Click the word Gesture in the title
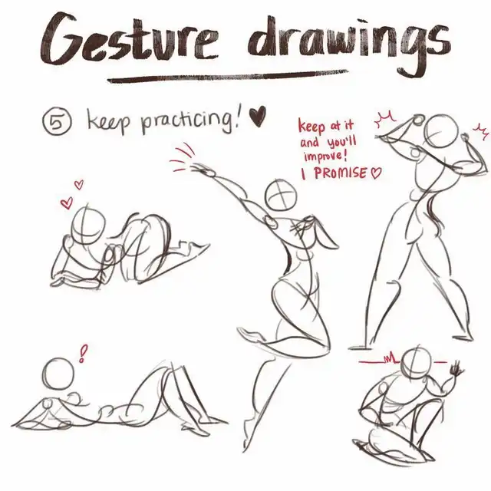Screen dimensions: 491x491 [128, 40]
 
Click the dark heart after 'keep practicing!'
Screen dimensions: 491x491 [258, 116]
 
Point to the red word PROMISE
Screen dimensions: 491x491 [340, 173]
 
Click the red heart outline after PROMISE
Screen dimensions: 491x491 [376, 173]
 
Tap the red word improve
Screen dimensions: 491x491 [323, 157]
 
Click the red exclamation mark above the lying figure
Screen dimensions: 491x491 [83, 354]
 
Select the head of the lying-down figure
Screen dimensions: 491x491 [59, 374]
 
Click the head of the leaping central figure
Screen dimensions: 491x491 [281, 195]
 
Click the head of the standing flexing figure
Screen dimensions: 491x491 [441, 130]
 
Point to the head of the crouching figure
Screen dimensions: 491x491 [417, 363]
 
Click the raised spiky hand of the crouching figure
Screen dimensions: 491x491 [456, 370]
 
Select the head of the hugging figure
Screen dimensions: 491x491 [87, 224]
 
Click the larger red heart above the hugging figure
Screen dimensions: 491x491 [67, 203]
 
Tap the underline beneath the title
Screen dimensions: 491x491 [228, 77]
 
